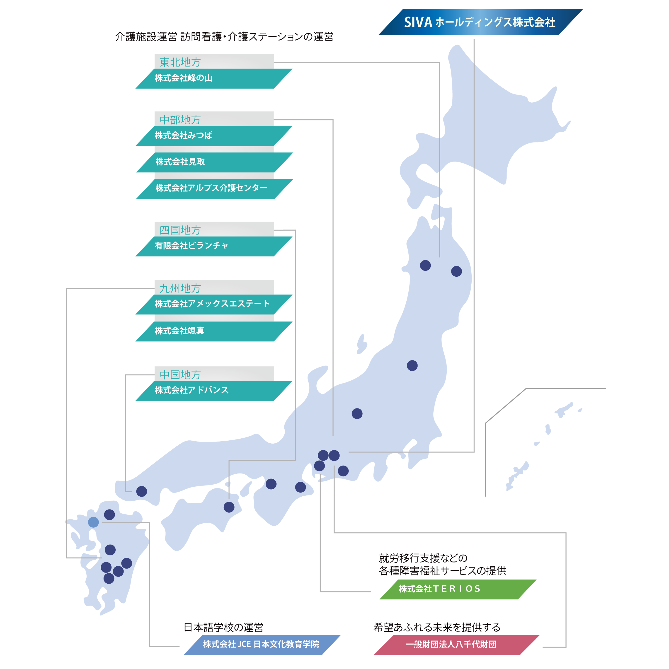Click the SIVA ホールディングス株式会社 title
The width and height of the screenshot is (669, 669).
point(480,22)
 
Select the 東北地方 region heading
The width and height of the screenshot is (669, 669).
point(180,62)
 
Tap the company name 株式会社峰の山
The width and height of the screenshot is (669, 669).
point(184,78)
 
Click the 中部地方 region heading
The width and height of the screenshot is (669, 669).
point(180,120)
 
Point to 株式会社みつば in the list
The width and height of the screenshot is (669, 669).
point(184,135)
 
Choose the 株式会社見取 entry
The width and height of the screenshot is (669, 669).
point(180,162)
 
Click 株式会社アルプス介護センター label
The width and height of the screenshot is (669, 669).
point(211,188)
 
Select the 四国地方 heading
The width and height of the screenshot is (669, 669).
point(180,230)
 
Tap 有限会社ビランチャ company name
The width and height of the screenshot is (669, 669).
point(191,246)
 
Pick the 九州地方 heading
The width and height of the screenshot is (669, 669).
point(180,288)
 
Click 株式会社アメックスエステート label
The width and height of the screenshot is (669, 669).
point(212,304)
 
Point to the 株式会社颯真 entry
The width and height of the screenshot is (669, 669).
point(179,331)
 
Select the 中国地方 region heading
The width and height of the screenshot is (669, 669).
point(180,375)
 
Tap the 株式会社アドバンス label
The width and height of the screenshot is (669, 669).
point(191,390)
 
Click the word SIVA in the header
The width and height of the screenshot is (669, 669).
point(418,22)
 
